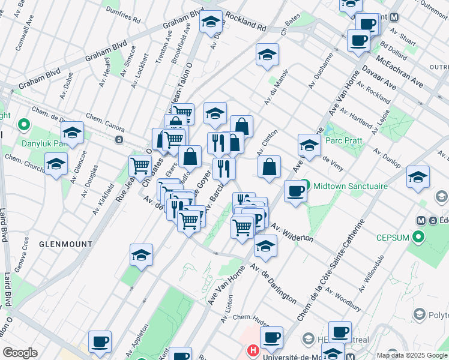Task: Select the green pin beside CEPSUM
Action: [418, 238]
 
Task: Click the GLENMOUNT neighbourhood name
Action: [66, 244]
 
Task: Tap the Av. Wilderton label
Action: [292, 232]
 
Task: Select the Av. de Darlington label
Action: [273, 283]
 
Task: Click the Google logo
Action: [20, 353]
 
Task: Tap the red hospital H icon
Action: [253, 349]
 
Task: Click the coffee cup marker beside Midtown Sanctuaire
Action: [295, 191]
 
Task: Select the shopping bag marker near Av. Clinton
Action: [270, 166]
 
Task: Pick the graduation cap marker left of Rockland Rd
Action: [211, 22]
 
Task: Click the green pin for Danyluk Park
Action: [24, 125]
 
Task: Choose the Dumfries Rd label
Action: [124, 14]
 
